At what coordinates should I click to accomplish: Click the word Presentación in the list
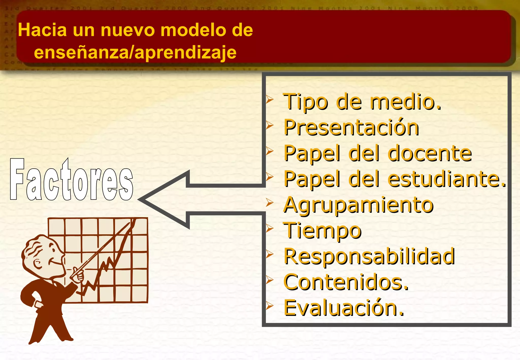click(x=351, y=127)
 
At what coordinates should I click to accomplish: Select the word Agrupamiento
click(x=358, y=205)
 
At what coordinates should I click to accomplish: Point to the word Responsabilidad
click(x=369, y=256)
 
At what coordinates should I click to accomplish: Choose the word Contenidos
click(x=346, y=282)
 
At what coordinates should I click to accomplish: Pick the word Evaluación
click(x=344, y=308)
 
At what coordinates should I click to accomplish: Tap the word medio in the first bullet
click(x=405, y=102)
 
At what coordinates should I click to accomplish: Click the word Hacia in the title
click(x=42, y=30)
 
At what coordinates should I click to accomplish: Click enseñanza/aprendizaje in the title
click(x=135, y=52)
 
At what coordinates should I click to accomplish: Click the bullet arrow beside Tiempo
click(x=269, y=228)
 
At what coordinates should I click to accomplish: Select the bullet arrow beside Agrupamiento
click(x=269, y=203)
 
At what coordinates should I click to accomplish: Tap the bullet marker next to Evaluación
click(x=269, y=306)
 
